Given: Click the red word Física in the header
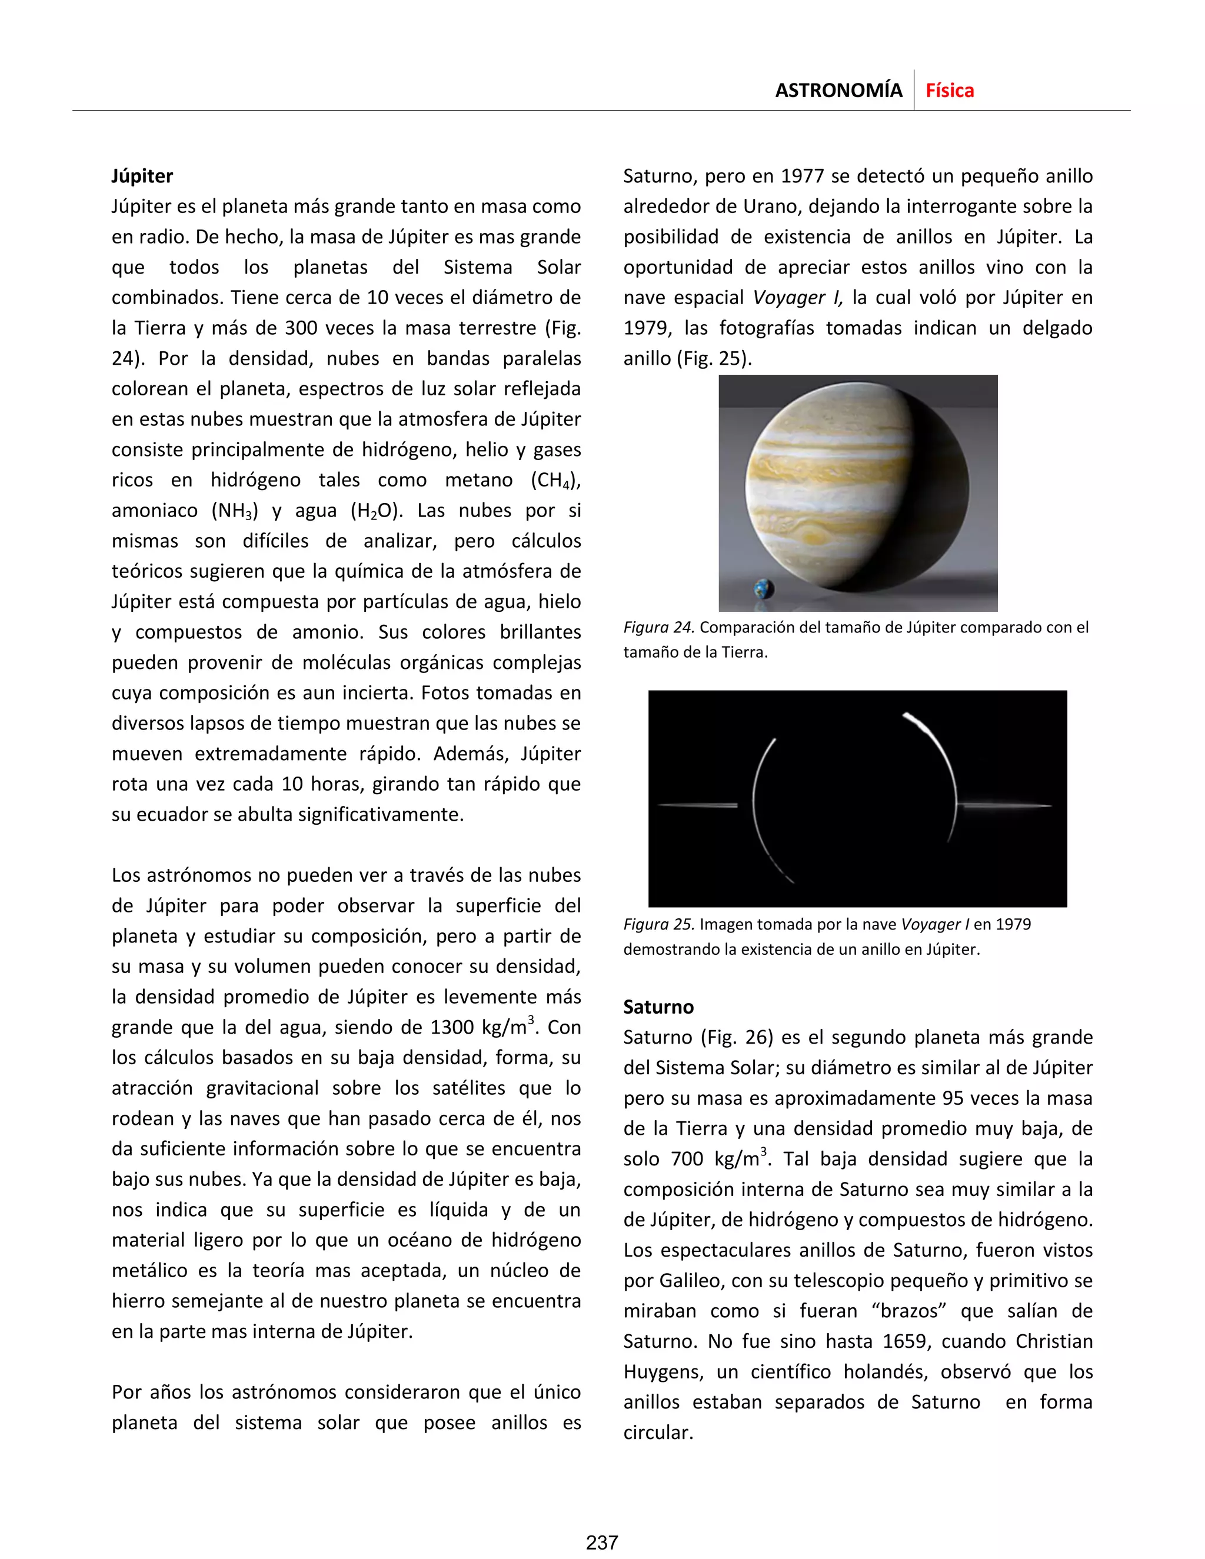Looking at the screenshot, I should coord(950,91).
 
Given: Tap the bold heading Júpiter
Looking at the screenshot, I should coord(142,176).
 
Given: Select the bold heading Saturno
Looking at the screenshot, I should coord(658,1007).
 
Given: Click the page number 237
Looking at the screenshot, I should coord(602,1543).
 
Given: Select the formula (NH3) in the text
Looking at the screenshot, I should coord(234,511).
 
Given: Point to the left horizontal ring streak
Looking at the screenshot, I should coord(697,806).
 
